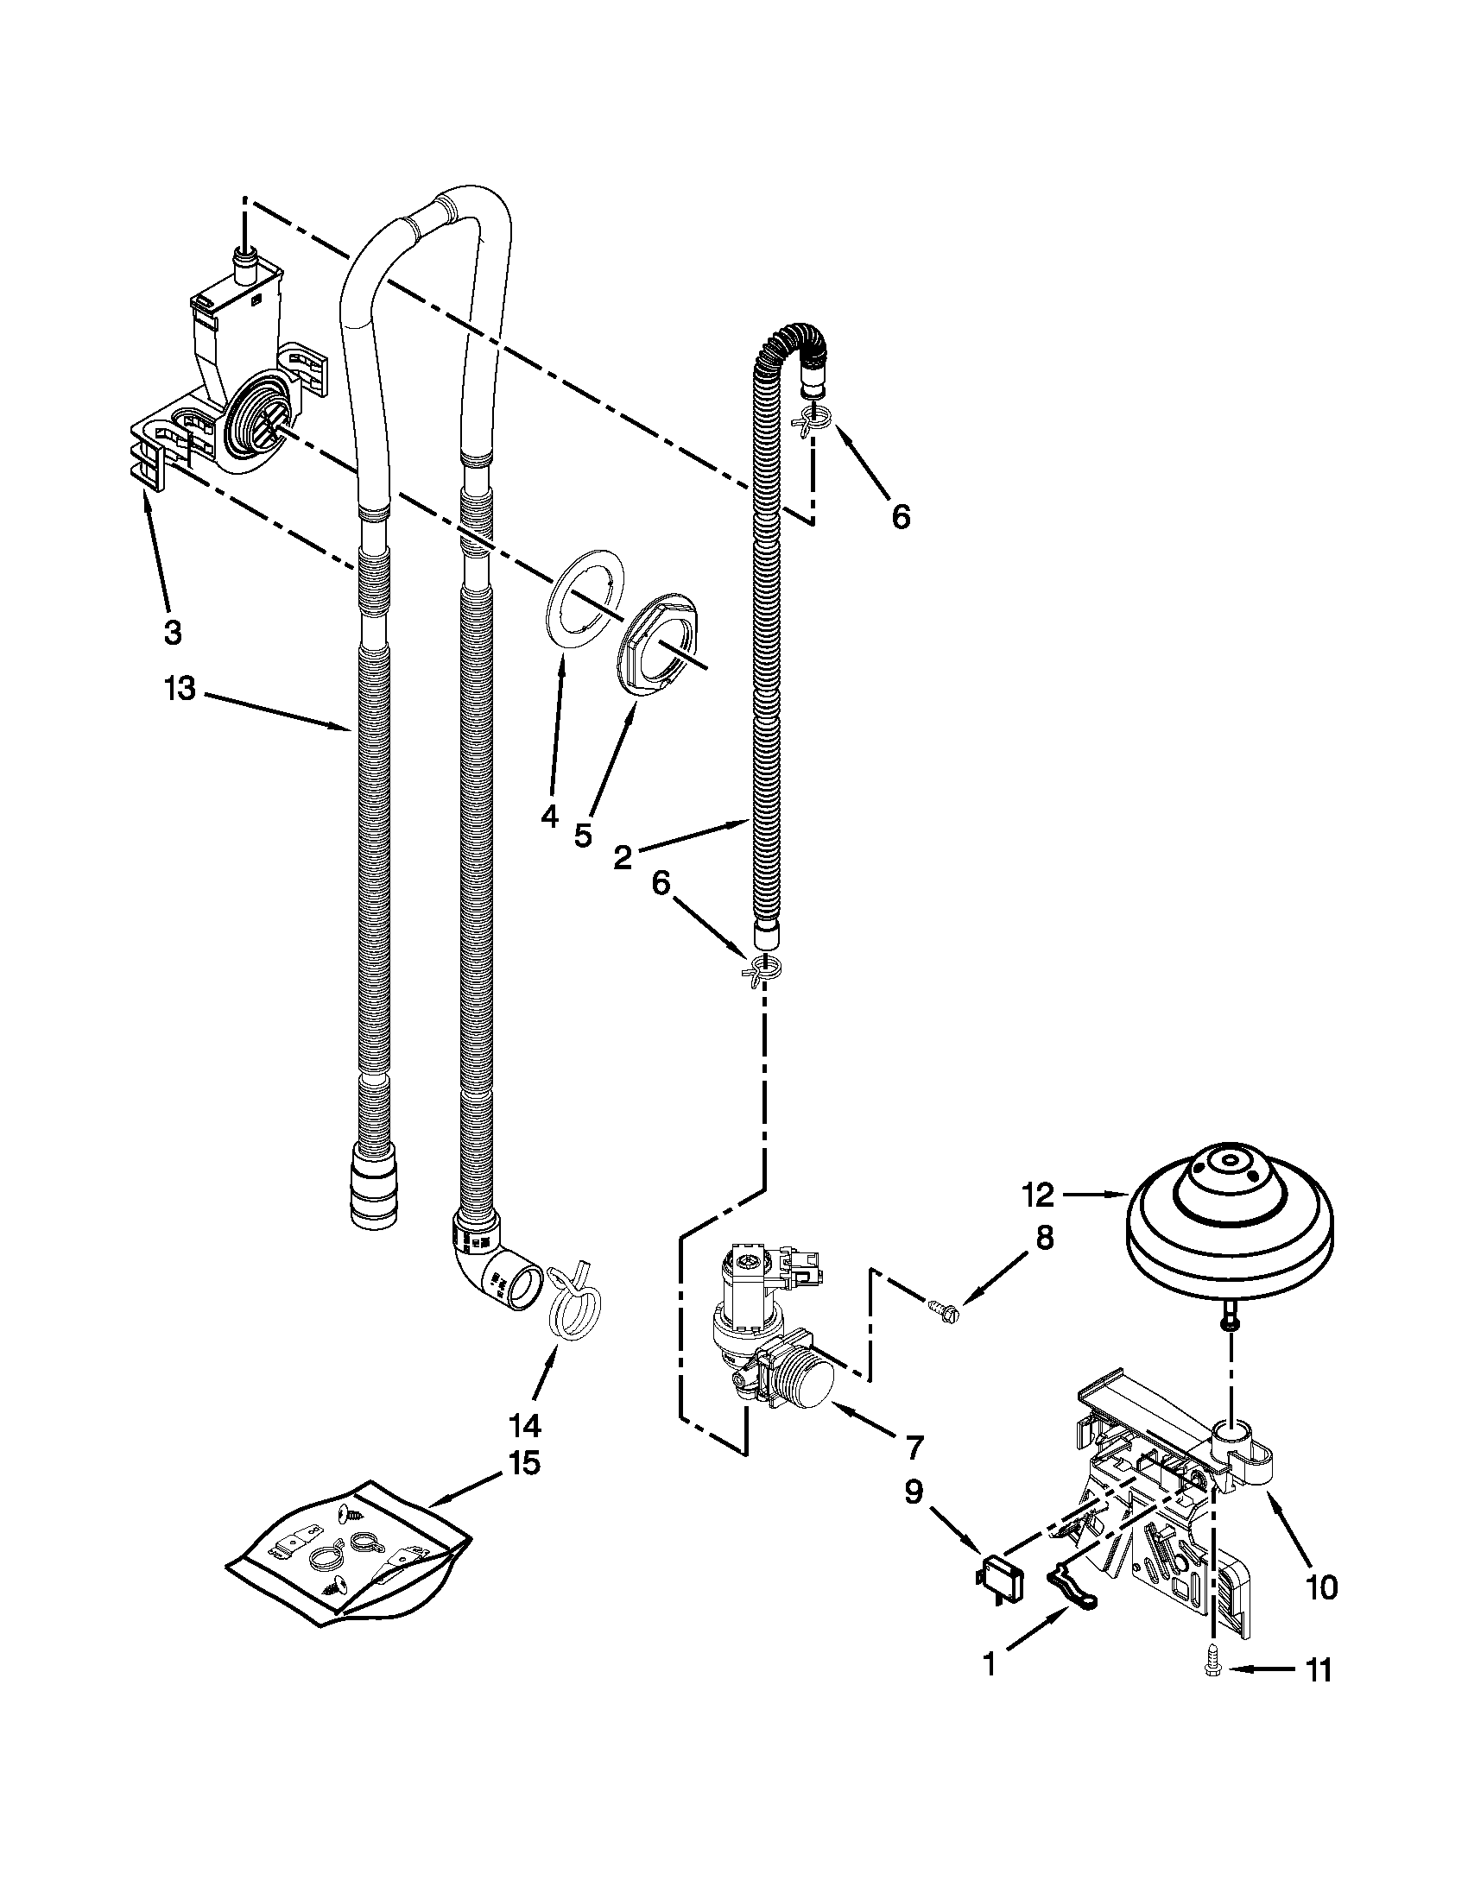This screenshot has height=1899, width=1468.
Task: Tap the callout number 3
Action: pos(172,632)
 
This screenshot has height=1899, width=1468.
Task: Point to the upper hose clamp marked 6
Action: pos(813,421)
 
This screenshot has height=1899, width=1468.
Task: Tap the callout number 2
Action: pos(623,857)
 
